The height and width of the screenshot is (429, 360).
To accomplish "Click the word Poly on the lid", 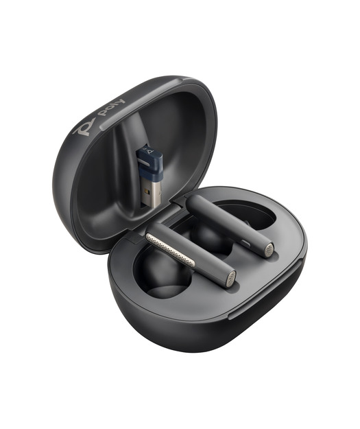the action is pos(112,108).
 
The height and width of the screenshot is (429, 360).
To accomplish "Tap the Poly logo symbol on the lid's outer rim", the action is pos(84,127).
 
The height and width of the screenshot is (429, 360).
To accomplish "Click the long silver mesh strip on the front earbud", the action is pos(170,250).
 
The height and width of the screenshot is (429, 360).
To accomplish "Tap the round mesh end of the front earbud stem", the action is pos(230,279).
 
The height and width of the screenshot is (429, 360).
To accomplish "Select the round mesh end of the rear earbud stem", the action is pos(269,251).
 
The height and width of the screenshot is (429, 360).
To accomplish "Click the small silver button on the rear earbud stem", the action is pos(246,243).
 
